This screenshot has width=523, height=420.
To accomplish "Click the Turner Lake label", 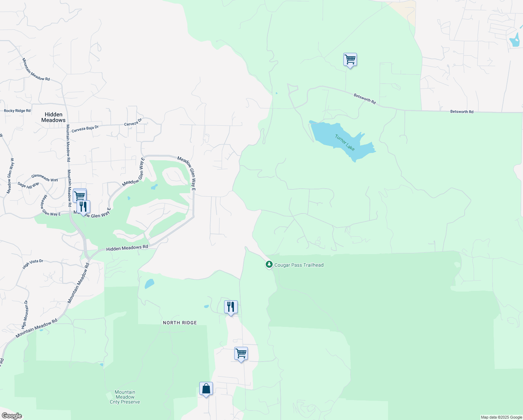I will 345,142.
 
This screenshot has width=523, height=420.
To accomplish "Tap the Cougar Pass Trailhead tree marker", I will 269,264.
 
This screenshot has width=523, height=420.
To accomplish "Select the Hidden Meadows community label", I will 53,117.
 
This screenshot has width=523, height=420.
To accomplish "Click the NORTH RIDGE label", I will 180,323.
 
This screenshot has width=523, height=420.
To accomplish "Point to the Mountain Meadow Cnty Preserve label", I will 125,397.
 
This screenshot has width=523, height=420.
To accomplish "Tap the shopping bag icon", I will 206,389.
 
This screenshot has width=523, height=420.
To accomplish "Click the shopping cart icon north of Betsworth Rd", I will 350,60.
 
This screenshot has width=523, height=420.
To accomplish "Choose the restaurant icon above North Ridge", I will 230,307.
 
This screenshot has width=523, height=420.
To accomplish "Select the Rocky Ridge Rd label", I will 17,111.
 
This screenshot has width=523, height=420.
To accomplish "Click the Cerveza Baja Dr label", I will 85,129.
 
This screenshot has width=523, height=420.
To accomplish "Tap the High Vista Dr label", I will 33,264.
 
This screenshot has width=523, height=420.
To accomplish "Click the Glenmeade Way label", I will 44,178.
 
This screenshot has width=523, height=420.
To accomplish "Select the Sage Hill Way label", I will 28,185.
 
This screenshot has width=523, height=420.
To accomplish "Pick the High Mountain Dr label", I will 25,315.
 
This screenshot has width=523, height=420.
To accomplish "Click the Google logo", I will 12,416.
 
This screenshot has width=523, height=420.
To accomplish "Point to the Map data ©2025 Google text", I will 501,417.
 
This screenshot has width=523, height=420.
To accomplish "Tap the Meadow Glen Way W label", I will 10,176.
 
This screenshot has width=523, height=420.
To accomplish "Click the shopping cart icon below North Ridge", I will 241,354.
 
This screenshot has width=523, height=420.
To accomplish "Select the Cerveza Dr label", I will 133,122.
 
